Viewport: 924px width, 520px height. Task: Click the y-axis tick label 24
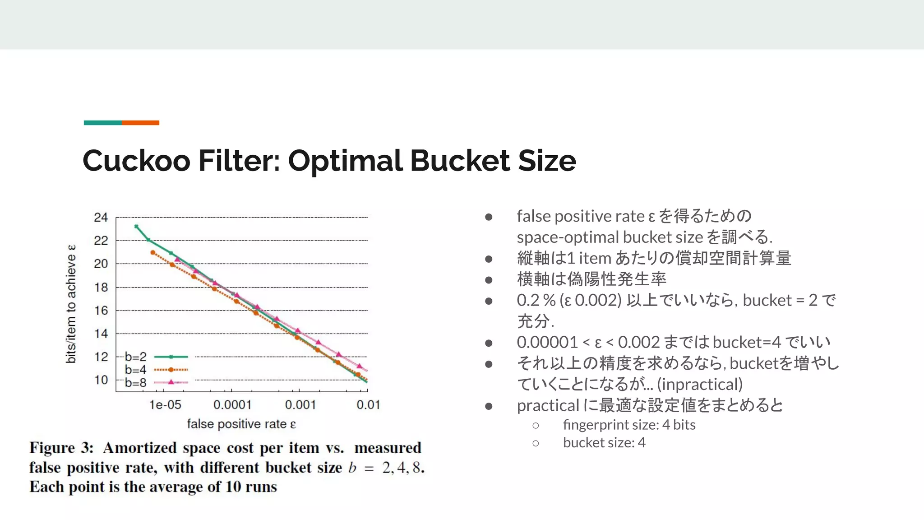pos(101,218)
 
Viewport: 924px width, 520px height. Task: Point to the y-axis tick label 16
pos(101,311)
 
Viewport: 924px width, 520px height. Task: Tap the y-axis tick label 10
pos(101,380)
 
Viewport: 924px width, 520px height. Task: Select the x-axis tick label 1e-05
pos(165,405)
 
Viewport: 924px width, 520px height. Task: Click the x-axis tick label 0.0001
pos(232,405)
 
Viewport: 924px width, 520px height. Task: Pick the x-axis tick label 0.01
pos(368,405)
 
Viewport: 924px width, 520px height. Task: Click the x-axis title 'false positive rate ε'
pos(241,424)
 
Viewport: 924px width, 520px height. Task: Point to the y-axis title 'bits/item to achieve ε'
pos(71,304)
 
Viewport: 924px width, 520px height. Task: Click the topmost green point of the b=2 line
pos(136,227)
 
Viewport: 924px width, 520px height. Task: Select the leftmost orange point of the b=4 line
pos(153,253)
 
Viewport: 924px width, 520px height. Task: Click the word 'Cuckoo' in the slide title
pos(136,161)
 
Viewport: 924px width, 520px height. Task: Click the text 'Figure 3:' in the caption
pos(61,448)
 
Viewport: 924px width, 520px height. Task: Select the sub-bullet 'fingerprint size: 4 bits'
pos(629,425)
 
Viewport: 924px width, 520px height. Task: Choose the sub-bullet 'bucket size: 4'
pos(604,443)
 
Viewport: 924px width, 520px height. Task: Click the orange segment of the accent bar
pos(140,123)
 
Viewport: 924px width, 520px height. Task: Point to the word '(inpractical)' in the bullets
pos(700,385)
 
